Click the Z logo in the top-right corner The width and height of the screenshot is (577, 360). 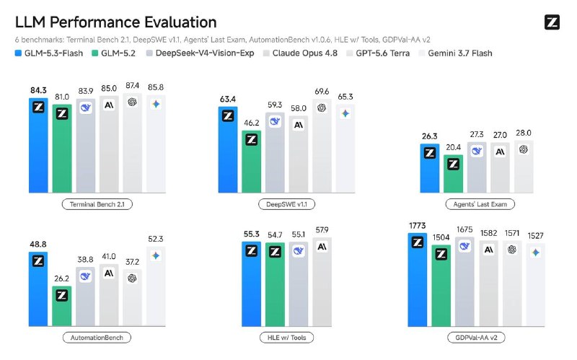552,22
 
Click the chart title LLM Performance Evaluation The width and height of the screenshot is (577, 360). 115,22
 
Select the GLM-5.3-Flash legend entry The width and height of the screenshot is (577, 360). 49,53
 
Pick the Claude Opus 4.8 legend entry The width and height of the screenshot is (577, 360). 300,53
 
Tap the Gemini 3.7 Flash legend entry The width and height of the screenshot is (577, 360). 456,53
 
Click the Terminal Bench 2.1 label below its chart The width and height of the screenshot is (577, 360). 97,204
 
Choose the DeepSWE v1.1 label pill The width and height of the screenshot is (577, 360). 286,204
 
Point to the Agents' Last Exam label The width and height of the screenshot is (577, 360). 480,204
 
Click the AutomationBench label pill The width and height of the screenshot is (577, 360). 97,337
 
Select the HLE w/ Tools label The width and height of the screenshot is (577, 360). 286,337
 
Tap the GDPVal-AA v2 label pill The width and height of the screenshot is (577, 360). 476,337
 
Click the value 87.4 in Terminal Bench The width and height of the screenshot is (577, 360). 132,86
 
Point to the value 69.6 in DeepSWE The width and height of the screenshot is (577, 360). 322,92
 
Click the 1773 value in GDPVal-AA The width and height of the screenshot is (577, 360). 418,225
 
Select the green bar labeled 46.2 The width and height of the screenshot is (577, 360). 251,161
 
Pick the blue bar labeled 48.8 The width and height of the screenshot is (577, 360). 38,289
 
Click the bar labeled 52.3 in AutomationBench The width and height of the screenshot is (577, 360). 156,286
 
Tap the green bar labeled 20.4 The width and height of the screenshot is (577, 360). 454,174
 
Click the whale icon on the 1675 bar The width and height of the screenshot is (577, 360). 464,246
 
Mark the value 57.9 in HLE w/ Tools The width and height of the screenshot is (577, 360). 322,230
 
